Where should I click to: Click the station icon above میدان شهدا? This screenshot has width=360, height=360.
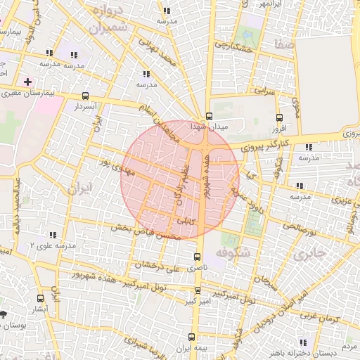point(208,117)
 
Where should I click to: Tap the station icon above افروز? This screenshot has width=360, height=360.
point(280,118)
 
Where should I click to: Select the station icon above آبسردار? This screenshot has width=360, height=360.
point(85,96)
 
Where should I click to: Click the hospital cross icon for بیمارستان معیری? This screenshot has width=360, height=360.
point(27,82)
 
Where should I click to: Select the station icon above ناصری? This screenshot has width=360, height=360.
point(198,257)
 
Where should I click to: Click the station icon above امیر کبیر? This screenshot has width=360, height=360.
point(198,290)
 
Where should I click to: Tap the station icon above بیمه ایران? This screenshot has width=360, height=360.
point(194,336)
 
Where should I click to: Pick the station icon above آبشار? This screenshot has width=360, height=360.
point(40,297)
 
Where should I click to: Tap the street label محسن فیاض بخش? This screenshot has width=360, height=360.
point(145,232)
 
